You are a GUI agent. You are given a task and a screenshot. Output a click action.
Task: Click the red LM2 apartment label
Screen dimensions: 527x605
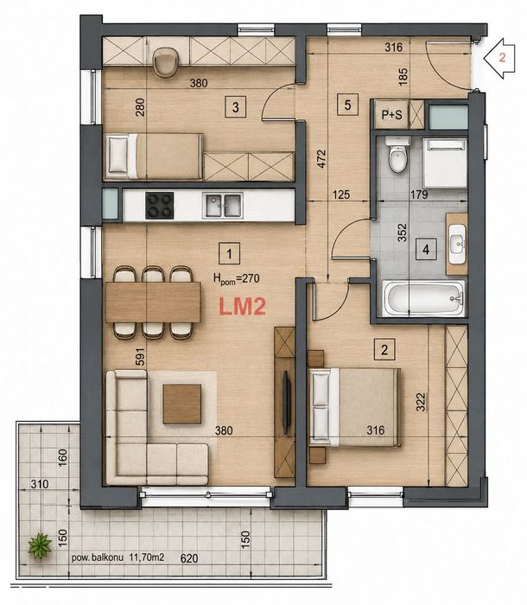[x=242, y=307]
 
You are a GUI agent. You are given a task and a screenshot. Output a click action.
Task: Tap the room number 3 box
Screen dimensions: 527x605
[x=236, y=107]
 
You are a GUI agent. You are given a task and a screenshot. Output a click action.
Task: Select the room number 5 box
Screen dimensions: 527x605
[x=347, y=105]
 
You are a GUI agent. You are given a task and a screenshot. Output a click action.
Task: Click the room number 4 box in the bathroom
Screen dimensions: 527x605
[x=426, y=250]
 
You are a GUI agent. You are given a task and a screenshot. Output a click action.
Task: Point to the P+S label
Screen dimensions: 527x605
[x=391, y=115]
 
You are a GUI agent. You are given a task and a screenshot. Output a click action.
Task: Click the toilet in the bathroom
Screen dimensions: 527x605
[x=397, y=155]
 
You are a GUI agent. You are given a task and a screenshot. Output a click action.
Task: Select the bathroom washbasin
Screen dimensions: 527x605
[x=457, y=244]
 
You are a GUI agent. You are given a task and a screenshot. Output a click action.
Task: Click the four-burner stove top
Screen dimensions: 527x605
[x=159, y=206]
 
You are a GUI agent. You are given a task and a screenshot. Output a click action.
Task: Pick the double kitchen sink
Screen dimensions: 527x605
[x=223, y=206]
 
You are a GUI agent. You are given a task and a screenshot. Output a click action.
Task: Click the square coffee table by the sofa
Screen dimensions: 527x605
[x=182, y=404]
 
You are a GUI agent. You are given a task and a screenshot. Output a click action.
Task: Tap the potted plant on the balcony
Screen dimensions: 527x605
[x=40, y=544]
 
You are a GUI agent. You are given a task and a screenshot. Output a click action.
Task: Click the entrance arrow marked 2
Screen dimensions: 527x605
[x=500, y=59]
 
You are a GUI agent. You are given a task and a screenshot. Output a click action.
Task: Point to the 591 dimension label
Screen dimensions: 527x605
[x=141, y=356]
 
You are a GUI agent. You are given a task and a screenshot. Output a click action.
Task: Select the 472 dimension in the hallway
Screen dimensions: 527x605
[x=321, y=158]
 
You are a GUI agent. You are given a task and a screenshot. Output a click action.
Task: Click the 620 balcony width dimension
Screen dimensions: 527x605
[x=189, y=558]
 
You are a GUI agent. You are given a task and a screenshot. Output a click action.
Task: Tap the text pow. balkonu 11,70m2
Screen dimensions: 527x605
[x=118, y=557]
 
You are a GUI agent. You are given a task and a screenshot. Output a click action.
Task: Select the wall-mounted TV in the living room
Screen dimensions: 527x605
[x=286, y=404]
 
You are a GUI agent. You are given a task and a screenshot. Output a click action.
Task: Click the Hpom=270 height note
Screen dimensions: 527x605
[x=237, y=278]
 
